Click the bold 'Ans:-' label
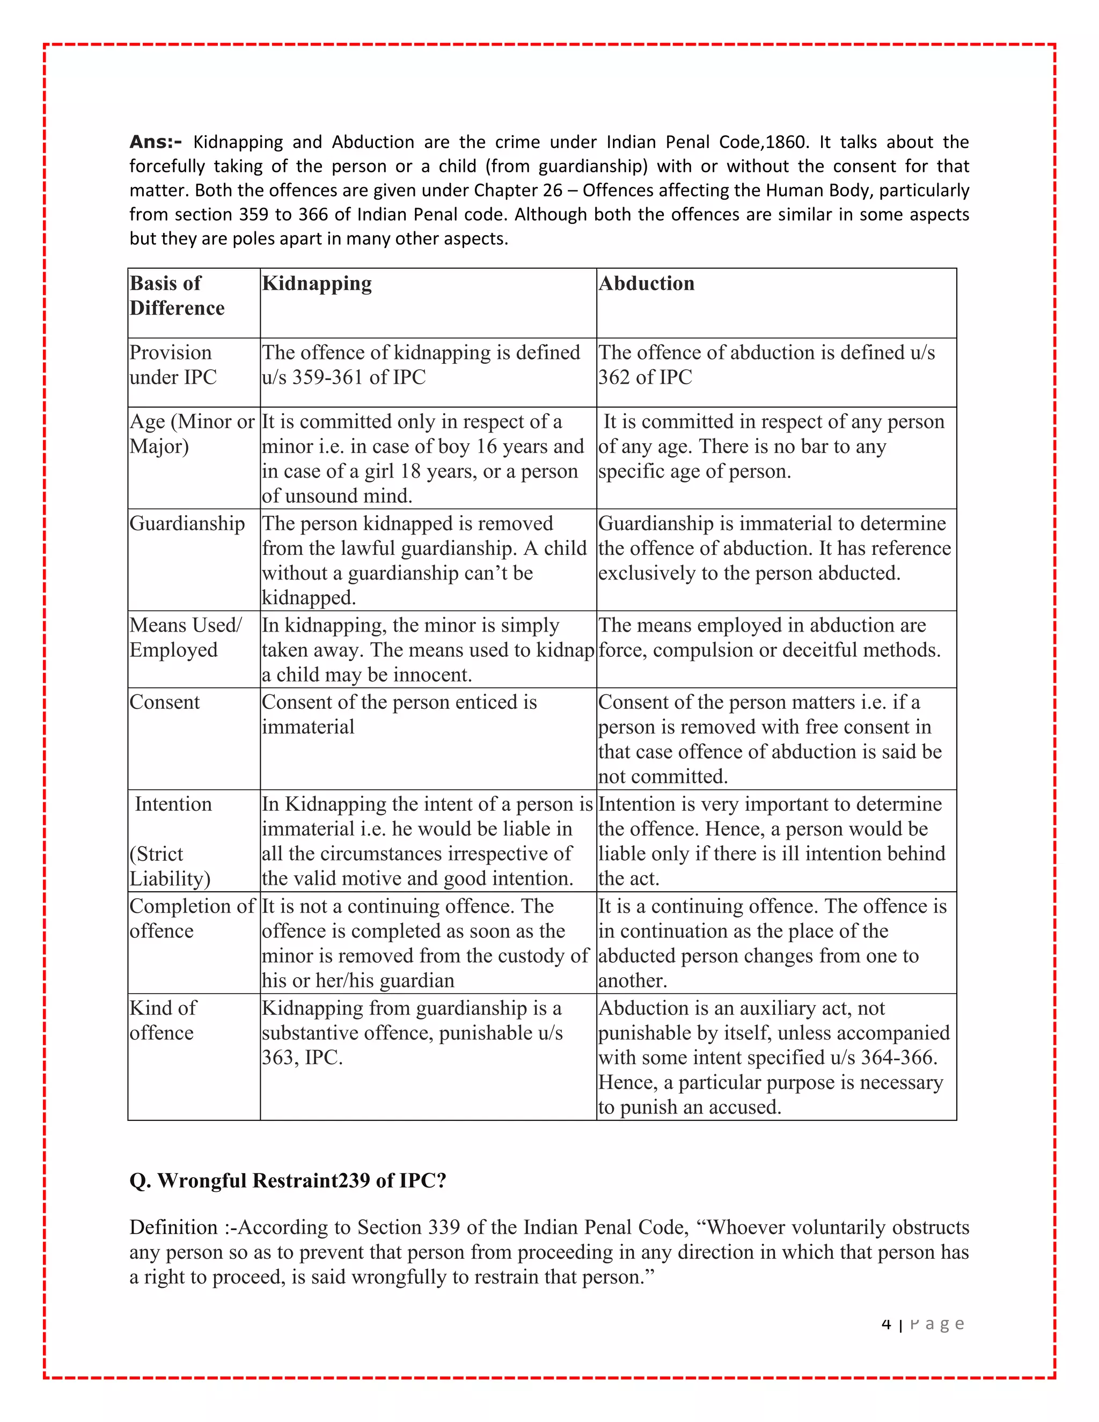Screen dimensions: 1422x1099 (x=156, y=142)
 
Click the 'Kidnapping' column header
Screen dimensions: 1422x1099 (x=317, y=283)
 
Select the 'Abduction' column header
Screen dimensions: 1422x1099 (x=646, y=283)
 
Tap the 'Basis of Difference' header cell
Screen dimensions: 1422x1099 (x=177, y=296)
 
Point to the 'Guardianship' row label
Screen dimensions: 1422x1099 (x=187, y=524)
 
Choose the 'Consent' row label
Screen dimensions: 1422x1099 (x=165, y=702)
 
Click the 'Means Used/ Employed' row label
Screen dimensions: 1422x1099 (x=185, y=637)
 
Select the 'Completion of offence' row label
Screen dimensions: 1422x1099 (x=192, y=918)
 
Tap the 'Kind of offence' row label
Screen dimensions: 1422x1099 (x=163, y=1020)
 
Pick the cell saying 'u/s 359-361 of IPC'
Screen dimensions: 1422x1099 (x=344, y=377)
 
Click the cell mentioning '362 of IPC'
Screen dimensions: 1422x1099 (x=644, y=377)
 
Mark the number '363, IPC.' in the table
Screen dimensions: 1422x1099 (x=302, y=1058)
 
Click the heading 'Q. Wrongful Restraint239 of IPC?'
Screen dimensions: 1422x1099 (x=288, y=1181)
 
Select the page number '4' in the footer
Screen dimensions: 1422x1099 (x=886, y=1324)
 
